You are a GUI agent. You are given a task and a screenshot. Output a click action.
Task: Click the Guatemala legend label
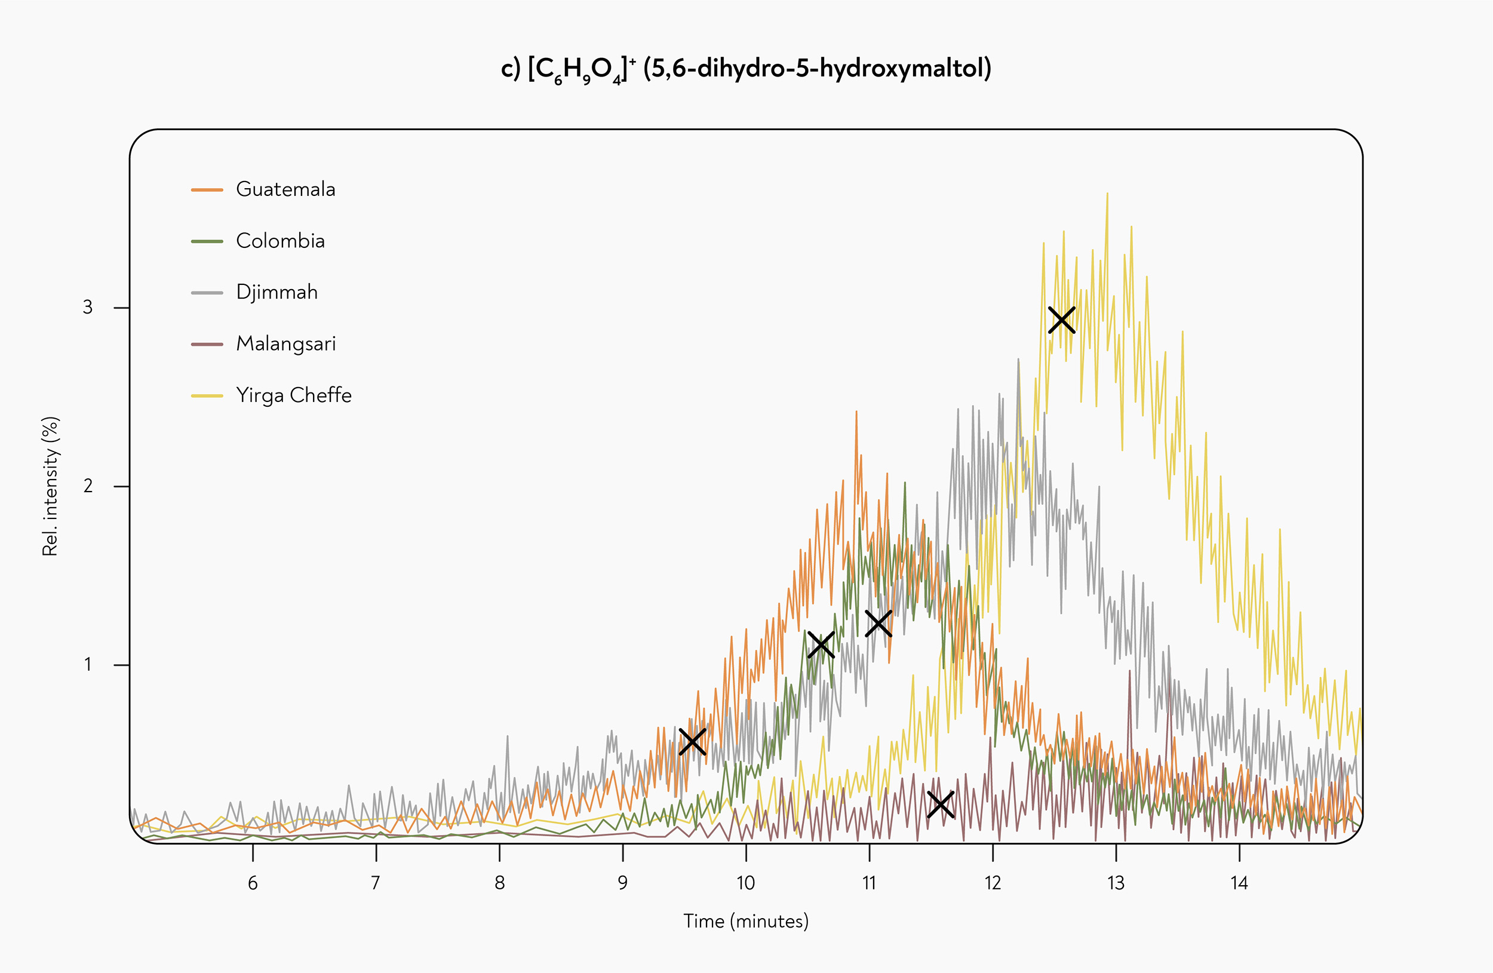(285, 189)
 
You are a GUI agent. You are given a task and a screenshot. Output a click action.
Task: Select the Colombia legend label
(281, 240)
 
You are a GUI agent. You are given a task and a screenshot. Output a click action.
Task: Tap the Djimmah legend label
(277, 292)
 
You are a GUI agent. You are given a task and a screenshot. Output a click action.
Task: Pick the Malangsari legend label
(286, 344)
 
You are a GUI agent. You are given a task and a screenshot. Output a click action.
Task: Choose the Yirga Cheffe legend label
(294, 395)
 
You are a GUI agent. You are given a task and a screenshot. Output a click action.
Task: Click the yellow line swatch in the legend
(207, 396)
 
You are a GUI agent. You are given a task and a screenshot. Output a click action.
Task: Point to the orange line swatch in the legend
(207, 189)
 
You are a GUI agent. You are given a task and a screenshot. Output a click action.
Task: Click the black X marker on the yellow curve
(1061, 320)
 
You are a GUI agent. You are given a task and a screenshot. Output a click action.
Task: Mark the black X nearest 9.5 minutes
(693, 741)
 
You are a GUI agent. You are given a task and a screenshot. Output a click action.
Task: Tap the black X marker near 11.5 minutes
(941, 804)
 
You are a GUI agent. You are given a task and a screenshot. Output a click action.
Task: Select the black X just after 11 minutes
(878, 623)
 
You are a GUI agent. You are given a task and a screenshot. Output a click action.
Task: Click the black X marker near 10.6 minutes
(821, 644)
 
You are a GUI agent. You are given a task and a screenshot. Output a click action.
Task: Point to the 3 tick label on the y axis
(88, 308)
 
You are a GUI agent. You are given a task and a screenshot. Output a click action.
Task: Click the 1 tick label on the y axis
(88, 664)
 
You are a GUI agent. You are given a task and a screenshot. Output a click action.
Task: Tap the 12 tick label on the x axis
(993, 883)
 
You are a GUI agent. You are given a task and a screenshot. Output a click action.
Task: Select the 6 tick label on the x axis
(253, 883)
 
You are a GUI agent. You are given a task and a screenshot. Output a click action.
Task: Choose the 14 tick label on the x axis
(1239, 883)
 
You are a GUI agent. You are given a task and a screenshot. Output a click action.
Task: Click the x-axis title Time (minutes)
(746, 922)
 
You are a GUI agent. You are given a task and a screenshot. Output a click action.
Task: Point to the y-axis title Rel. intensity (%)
(50, 486)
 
